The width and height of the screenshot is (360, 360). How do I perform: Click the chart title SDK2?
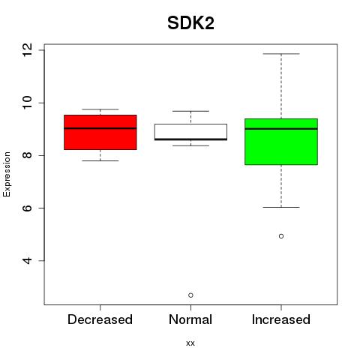click(x=190, y=23)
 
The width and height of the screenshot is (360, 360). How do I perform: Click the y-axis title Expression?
click(x=7, y=174)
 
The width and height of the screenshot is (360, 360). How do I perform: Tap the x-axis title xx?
click(x=190, y=343)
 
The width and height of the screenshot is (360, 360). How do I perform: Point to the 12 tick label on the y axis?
click(x=27, y=50)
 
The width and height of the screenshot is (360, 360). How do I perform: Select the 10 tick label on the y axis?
click(x=27, y=103)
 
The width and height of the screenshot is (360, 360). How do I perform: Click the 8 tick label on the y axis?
click(x=27, y=155)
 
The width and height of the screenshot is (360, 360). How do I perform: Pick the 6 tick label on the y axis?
click(x=27, y=208)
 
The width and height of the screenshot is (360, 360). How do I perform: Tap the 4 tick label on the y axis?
click(x=27, y=261)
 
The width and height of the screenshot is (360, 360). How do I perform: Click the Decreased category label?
click(x=100, y=319)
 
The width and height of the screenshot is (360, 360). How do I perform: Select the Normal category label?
click(x=190, y=319)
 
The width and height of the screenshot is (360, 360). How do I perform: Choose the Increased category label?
click(x=281, y=319)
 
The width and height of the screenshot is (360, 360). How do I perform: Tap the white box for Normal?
click(x=190, y=132)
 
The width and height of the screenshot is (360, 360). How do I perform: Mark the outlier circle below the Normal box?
click(x=190, y=295)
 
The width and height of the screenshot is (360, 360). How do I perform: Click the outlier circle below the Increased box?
click(x=281, y=236)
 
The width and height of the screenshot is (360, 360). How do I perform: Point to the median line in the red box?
click(x=100, y=128)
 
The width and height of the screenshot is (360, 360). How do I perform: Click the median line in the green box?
click(x=281, y=129)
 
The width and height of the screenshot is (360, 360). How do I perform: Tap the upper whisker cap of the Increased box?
click(x=281, y=54)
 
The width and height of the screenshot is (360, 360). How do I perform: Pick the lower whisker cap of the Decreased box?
click(x=100, y=160)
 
